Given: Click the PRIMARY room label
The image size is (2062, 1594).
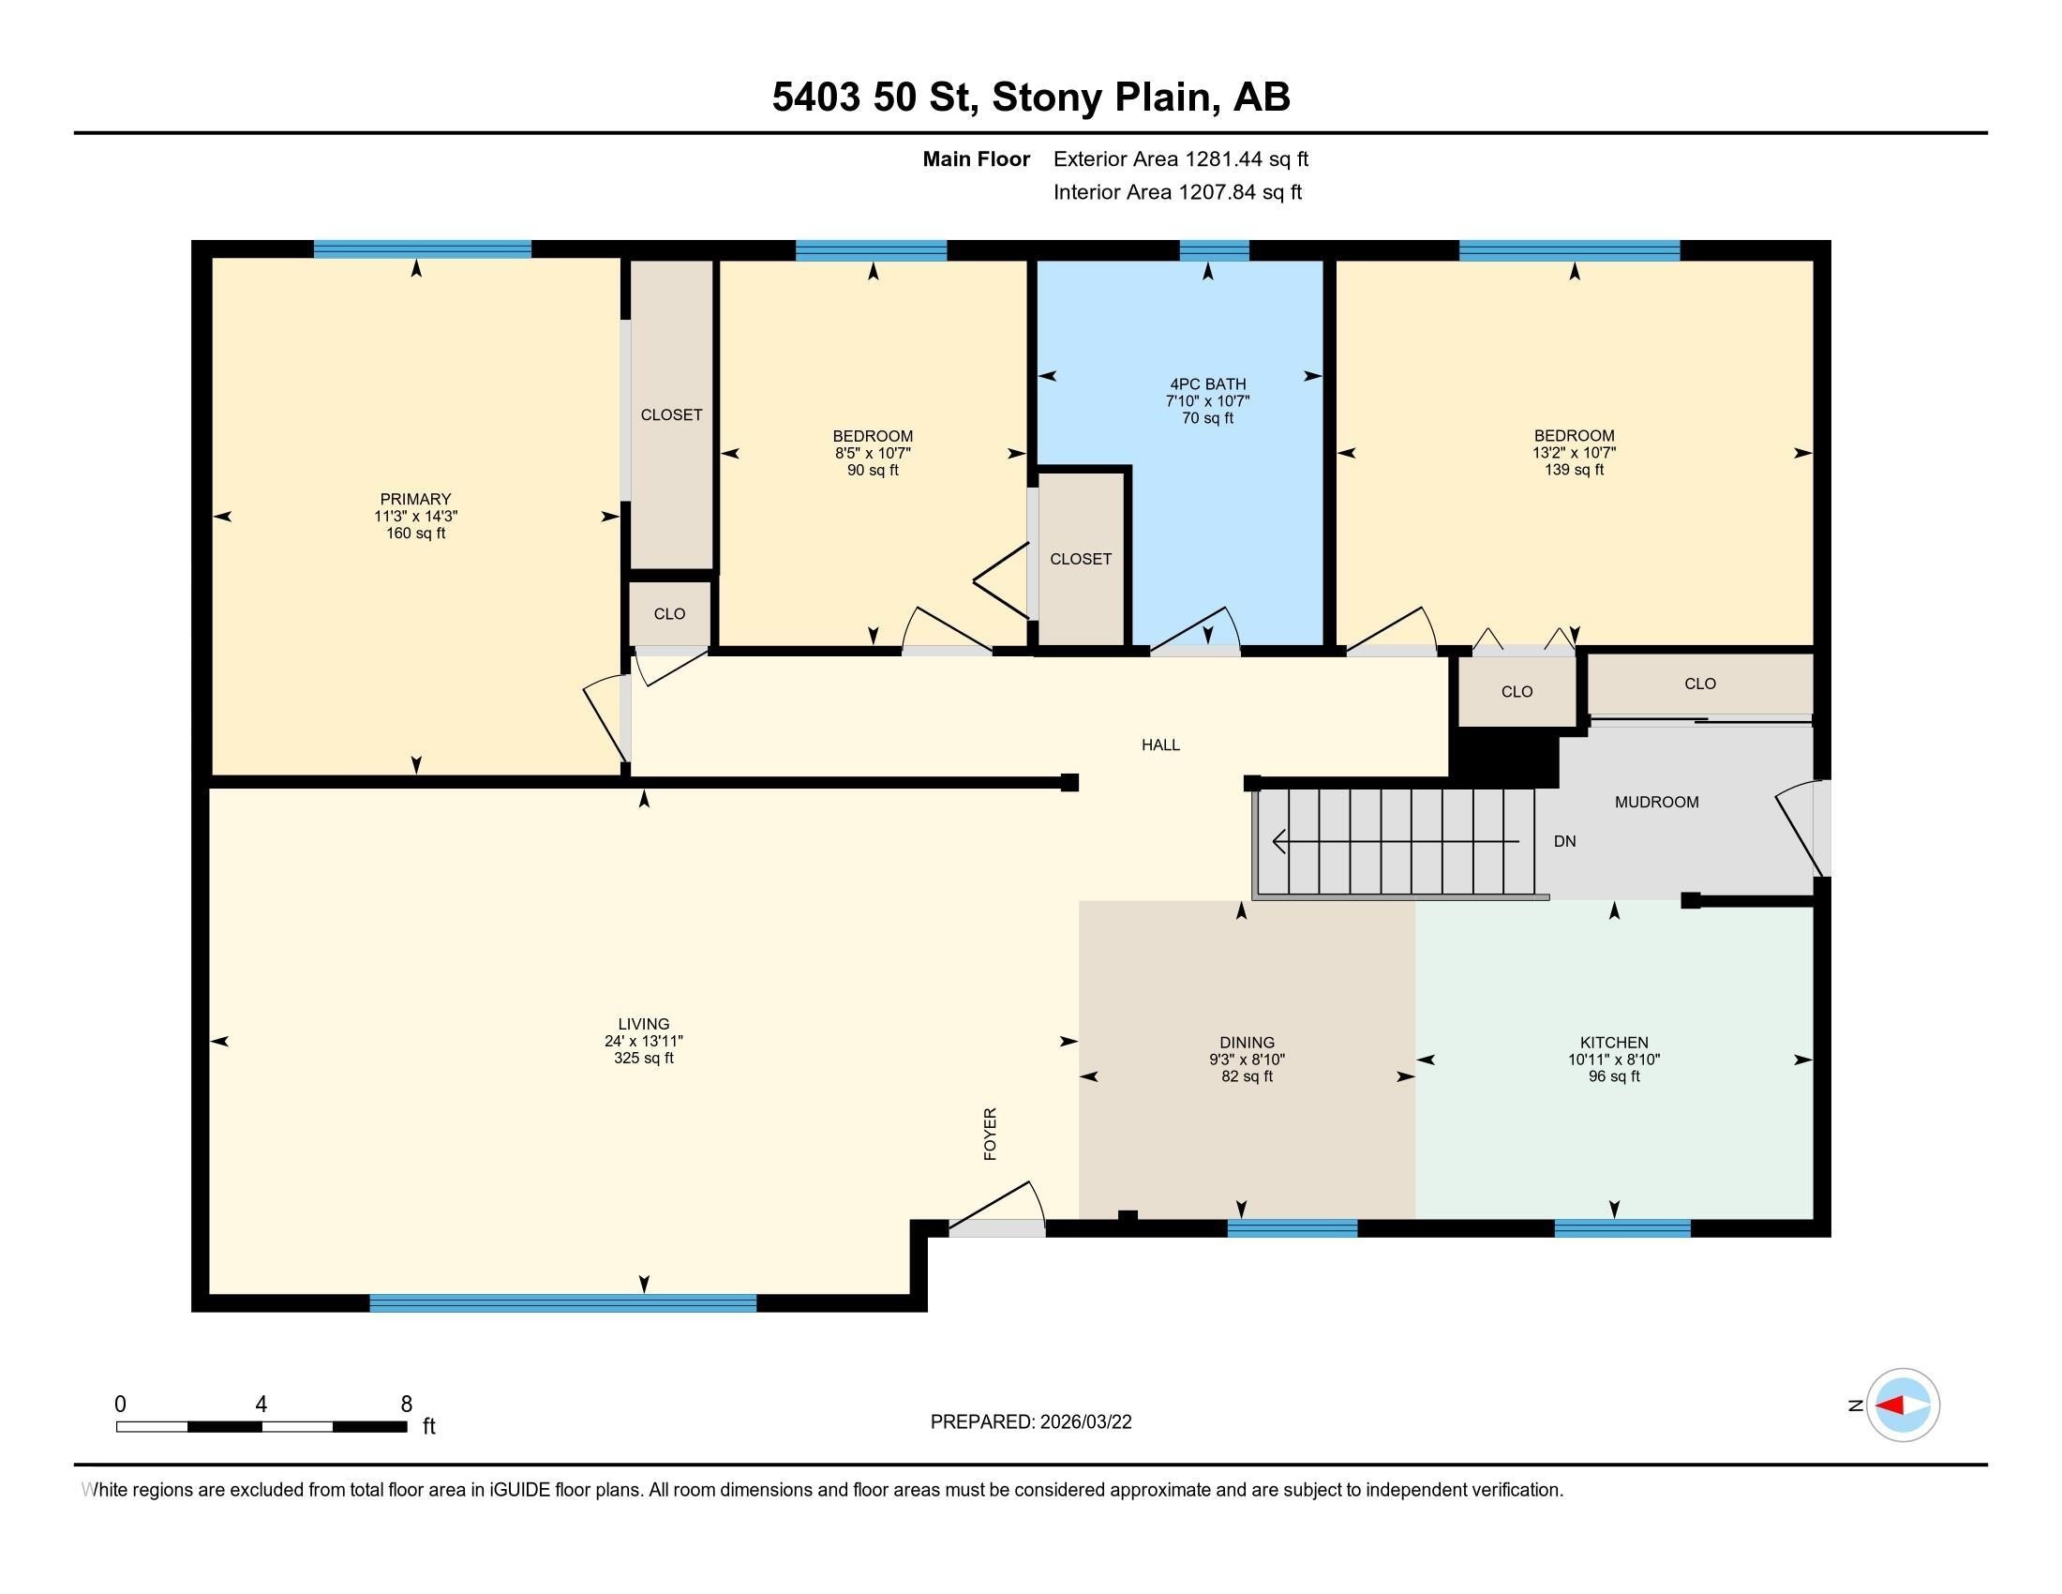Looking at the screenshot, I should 415,499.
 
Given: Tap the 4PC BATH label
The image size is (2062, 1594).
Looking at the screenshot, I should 1207,383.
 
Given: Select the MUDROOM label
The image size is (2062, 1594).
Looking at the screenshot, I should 1656,802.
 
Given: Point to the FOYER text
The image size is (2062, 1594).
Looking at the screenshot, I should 990,1134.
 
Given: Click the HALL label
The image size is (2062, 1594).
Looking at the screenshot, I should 1160,744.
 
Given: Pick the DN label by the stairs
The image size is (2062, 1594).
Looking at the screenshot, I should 1564,840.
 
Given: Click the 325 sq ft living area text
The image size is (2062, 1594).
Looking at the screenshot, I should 644,1058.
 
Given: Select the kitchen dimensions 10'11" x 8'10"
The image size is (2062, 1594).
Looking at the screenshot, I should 1614,1060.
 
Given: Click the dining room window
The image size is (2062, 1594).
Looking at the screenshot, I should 1292,1227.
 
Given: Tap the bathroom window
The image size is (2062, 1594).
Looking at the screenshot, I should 1214,250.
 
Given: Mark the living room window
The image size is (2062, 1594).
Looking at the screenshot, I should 562,1303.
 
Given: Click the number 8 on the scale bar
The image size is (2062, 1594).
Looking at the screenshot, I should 406,1405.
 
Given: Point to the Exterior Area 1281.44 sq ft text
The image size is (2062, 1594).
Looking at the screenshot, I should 1180,158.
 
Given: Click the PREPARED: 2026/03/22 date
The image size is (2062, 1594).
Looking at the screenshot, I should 1030,1422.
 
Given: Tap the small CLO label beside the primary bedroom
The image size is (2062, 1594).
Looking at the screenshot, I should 669,614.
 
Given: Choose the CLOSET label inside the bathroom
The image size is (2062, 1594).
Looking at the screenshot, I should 1080,559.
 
